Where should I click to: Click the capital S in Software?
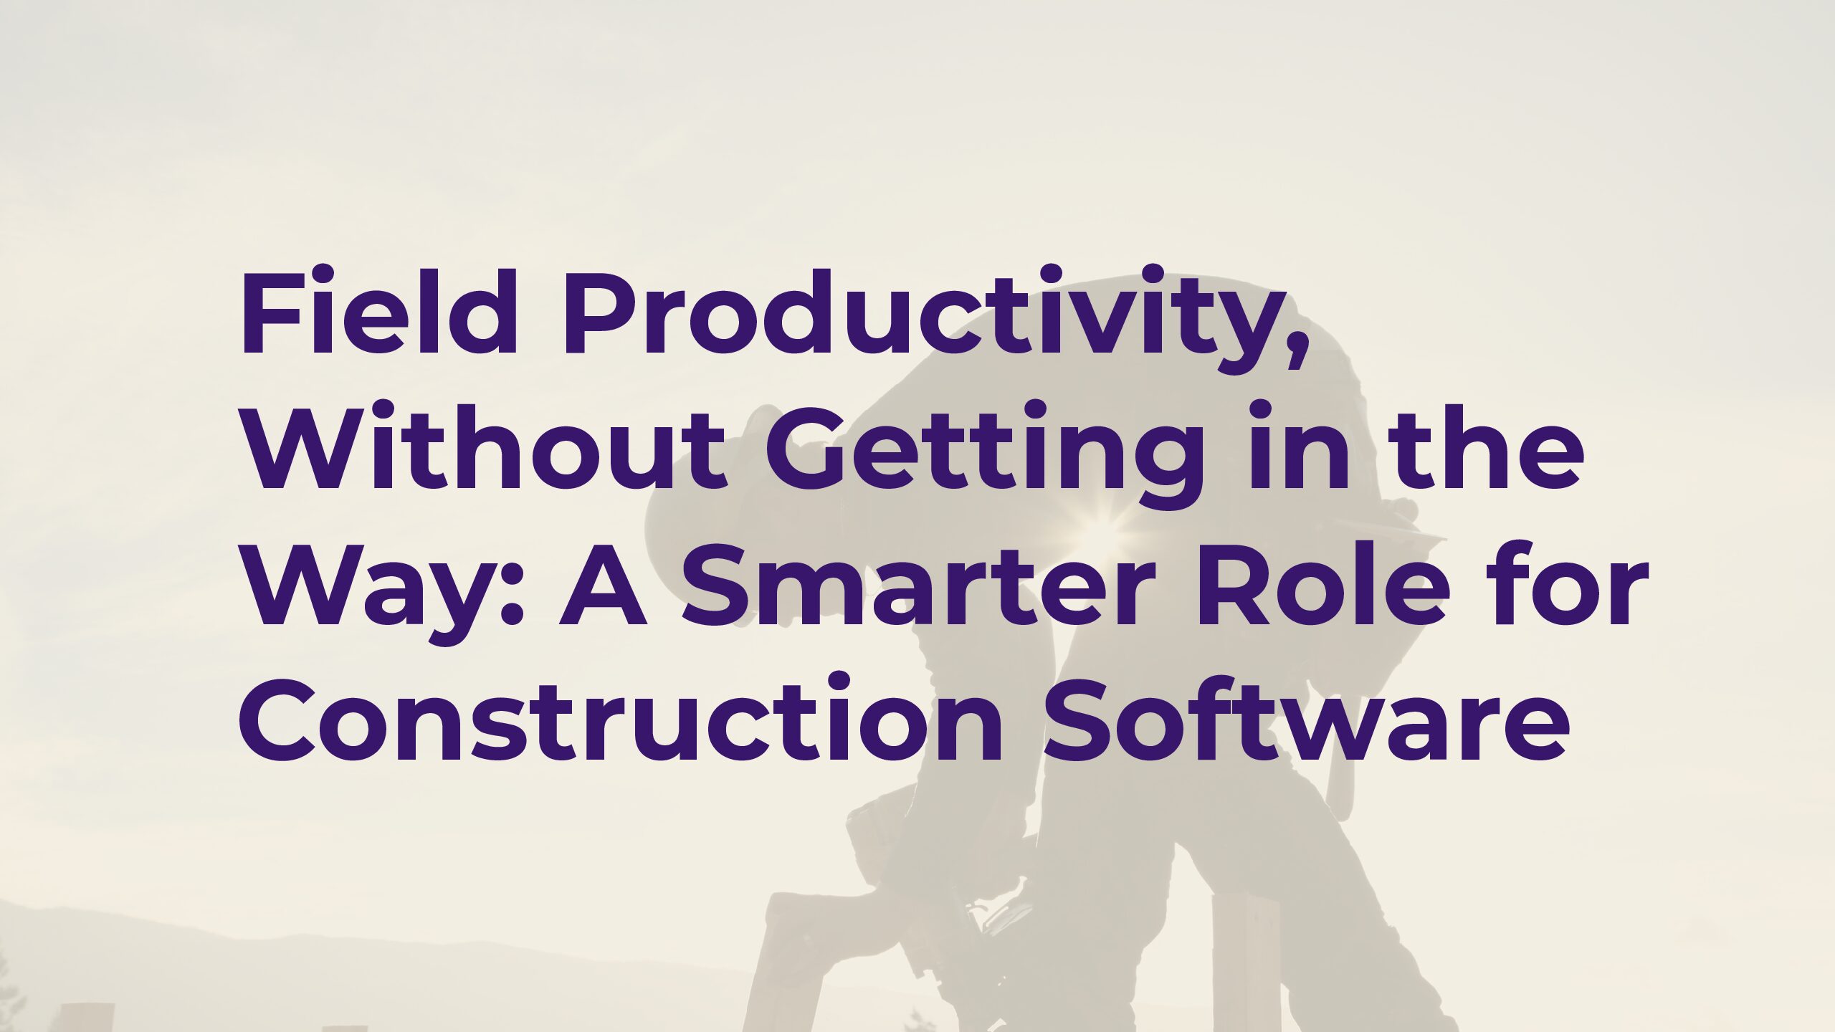pos(1082,717)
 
